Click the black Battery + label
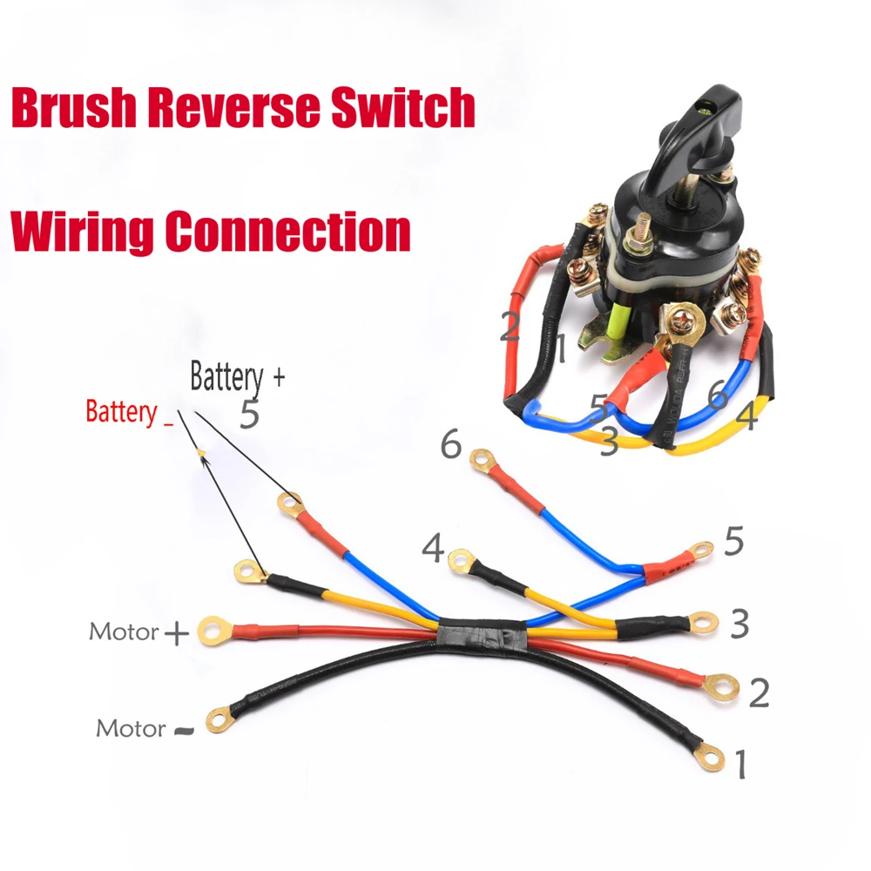point(237,377)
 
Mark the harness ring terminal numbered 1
point(712,760)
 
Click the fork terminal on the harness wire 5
point(699,550)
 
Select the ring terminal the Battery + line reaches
point(290,503)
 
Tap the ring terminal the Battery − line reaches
point(248,572)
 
